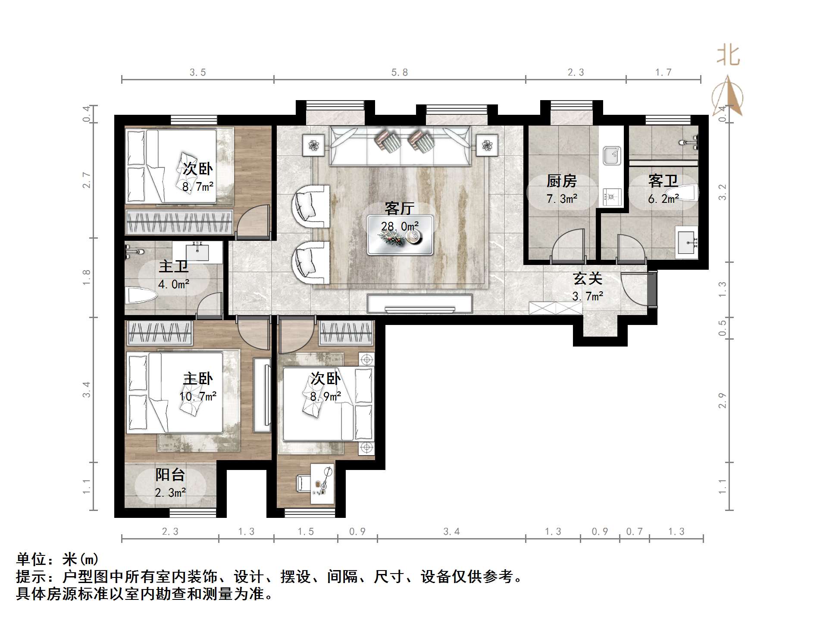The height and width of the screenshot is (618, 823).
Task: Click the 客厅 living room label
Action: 399,208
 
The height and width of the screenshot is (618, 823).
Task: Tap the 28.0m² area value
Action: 400,226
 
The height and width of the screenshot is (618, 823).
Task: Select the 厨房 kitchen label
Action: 561,181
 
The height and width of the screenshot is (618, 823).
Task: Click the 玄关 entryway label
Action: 587,279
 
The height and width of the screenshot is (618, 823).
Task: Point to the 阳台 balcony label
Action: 170,475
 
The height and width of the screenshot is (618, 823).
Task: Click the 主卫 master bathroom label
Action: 173,266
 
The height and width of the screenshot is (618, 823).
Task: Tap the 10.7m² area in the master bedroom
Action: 198,396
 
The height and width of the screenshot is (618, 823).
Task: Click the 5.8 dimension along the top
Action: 400,73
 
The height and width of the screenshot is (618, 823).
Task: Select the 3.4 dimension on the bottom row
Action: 451,532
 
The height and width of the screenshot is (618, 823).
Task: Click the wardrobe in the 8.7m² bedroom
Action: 179,222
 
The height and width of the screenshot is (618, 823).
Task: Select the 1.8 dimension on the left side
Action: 87,277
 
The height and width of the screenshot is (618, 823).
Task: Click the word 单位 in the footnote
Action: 31,559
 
